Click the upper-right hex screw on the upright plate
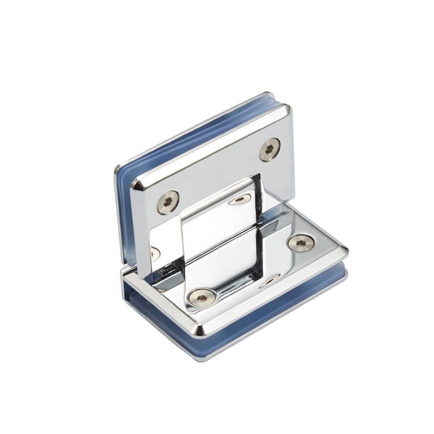click(270, 150)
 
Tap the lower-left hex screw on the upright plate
click(168, 202)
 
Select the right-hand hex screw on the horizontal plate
click(301, 242)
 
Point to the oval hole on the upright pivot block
click(240, 200)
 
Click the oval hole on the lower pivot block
click(270, 281)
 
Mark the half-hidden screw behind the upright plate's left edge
click(154, 253)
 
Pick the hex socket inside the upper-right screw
click(270, 149)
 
